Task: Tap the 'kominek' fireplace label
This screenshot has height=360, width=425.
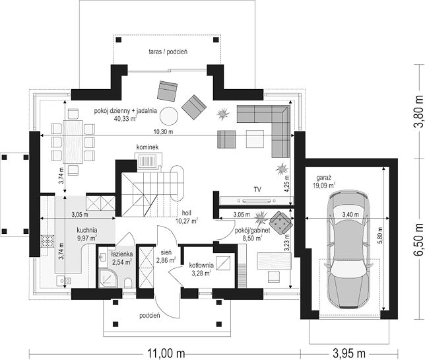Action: coord(147,147)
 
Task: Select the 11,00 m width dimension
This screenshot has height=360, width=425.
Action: coord(166,353)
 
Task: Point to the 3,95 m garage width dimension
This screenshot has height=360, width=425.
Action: coord(349,353)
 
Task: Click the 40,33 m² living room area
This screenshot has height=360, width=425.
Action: coord(126,118)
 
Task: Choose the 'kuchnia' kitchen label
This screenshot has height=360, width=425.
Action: coord(87,230)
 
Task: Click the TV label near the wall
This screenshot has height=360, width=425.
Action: coord(257,190)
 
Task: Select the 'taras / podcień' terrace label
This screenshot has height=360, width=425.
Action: coord(168,52)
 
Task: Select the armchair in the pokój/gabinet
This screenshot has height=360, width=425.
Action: coord(281,222)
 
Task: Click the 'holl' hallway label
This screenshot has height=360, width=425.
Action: coord(187,213)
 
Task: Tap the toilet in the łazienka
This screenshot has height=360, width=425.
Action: coord(128,283)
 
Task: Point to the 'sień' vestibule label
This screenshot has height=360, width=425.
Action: coord(166,252)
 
